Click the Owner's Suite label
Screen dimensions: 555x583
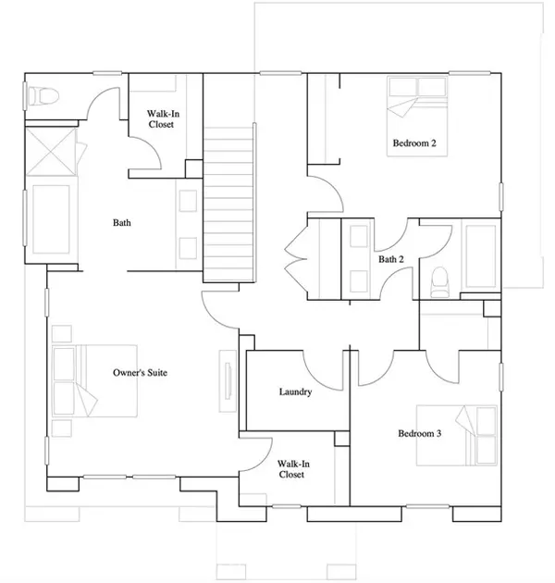[x=141, y=373]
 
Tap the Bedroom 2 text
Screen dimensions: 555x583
[x=414, y=143]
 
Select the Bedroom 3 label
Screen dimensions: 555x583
[x=420, y=433]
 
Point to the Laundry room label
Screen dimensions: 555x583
[x=295, y=391]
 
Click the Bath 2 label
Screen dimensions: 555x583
[x=391, y=259]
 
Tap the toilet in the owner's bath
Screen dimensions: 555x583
[x=43, y=96]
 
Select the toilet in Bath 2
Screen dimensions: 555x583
[x=440, y=282]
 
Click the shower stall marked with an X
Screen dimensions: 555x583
[x=51, y=152]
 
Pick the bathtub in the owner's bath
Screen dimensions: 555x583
[x=51, y=219]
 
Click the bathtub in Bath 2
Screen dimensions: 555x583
[x=481, y=256]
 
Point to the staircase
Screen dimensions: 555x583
[x=228, y=205]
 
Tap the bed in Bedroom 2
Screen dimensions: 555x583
[x=417, y=117]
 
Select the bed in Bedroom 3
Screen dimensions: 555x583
[x=457, y=435]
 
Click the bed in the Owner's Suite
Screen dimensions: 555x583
[x=94, y=381]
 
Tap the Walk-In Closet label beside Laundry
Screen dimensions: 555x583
[x=293, y=469]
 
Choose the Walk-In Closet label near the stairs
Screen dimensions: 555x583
[x=163, y=119]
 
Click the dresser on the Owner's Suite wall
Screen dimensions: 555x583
[x=228, y=380]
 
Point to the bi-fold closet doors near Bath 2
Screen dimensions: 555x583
[x=296, y=258]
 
